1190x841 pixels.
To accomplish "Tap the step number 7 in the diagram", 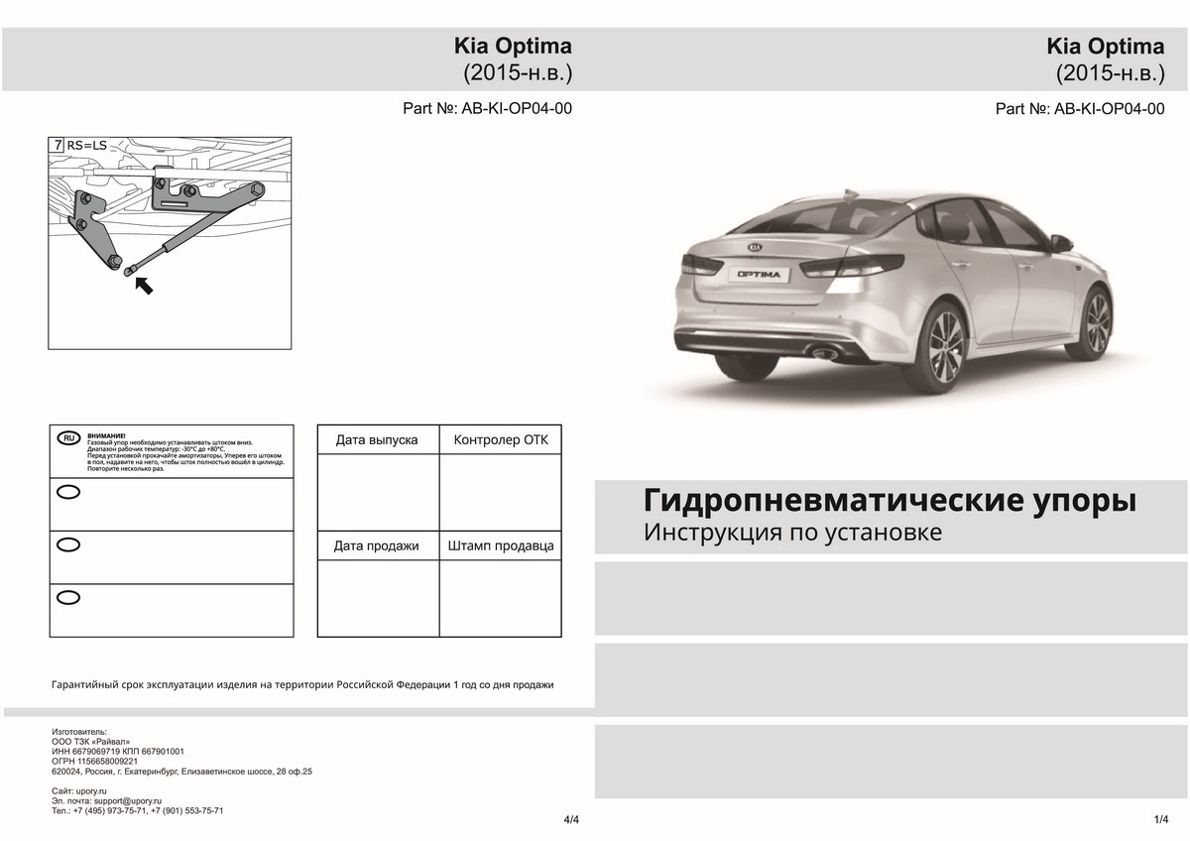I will tap(59, 145).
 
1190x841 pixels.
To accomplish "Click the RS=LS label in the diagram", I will tap(86, 145).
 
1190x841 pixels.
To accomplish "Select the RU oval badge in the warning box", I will tap(68, 437).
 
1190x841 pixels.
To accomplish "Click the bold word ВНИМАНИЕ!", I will tap(107, 435).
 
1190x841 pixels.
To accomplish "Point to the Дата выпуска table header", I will tap(377, 439).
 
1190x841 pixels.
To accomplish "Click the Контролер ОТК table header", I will tap(500, 439).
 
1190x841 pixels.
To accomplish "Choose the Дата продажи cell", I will tap(377, 546).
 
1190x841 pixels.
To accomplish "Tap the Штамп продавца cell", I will tap(500, 546).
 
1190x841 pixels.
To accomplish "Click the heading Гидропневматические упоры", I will tap(890, 499).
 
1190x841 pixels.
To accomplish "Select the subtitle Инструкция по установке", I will tap(791, 533).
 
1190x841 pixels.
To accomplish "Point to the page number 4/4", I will tap(571, 820).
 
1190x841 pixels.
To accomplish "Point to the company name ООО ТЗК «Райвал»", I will tap(90, 741).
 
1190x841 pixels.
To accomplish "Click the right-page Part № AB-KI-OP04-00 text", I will tap(1079, 109).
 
